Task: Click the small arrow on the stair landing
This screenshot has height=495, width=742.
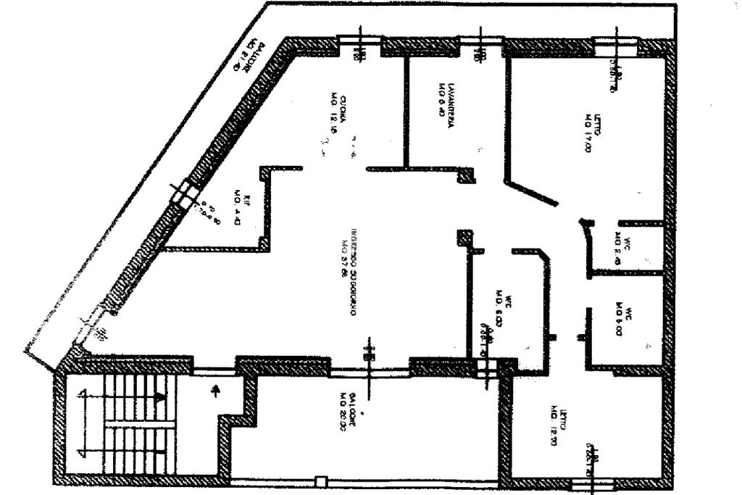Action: point(214,392)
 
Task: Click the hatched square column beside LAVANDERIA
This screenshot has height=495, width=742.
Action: point(467,175)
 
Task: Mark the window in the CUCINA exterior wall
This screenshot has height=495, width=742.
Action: point(360,47)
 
